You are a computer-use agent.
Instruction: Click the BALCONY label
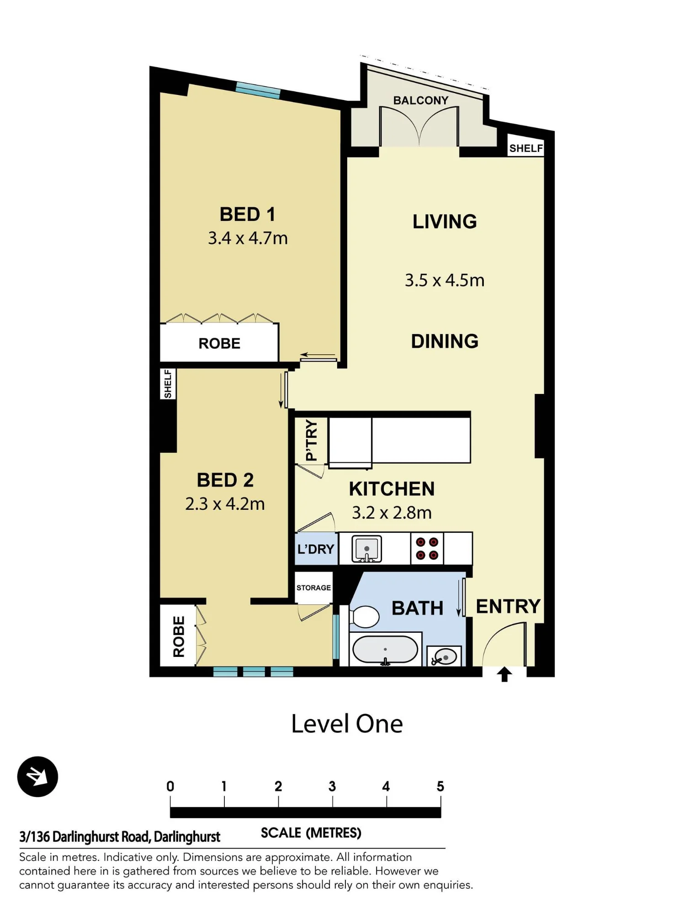[421, 100]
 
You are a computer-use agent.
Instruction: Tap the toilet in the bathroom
[364, 617]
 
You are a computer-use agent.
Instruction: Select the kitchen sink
[366, 549]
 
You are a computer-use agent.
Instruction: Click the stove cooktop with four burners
[427, 549]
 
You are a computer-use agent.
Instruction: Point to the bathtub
[385, 650]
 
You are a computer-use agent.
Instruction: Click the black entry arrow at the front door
[504, 674]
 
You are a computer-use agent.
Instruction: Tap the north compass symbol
[37, 777]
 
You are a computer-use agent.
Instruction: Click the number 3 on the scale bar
[332, 786]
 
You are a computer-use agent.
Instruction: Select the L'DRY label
[316, 549]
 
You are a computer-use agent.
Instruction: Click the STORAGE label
[313, 588]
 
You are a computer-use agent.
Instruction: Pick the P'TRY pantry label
[311, 441]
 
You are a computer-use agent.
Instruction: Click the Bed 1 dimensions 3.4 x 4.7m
[248, 238]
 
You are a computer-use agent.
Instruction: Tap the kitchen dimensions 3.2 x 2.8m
[392, 513]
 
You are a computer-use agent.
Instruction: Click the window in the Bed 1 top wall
[258, 90]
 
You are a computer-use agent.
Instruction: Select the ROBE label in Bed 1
[219, 343]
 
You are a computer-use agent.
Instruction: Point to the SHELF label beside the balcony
[526, 148]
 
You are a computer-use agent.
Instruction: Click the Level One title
[347, 724]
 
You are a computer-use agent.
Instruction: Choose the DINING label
[445, 341]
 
